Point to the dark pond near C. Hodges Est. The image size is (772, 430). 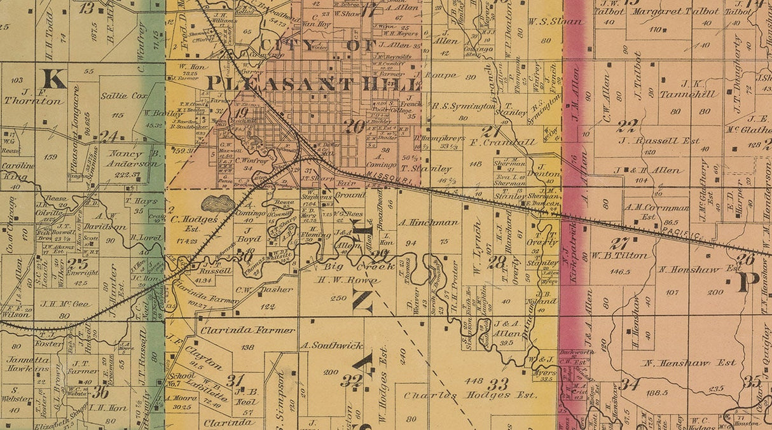(218, 204)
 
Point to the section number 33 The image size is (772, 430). (498, 384)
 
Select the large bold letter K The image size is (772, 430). (54, 79)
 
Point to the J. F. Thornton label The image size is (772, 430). (25, 96)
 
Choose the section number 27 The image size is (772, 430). (619, 243)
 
